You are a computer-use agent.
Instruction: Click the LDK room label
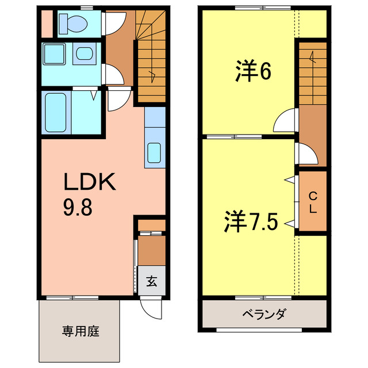(x=90, y=183)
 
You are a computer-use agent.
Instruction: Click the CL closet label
(x=312, y=202)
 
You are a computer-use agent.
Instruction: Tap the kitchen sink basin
(x=155, y=153)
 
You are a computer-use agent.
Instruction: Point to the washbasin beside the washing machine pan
(x=85, y=55)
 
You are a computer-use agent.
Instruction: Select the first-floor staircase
(x=151, y=63)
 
